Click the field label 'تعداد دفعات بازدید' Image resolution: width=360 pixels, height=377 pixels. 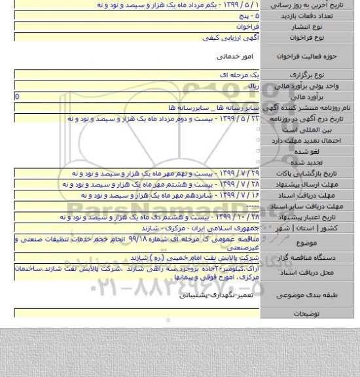pos(319,14)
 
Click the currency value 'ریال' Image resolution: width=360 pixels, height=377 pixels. pos(252,86)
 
